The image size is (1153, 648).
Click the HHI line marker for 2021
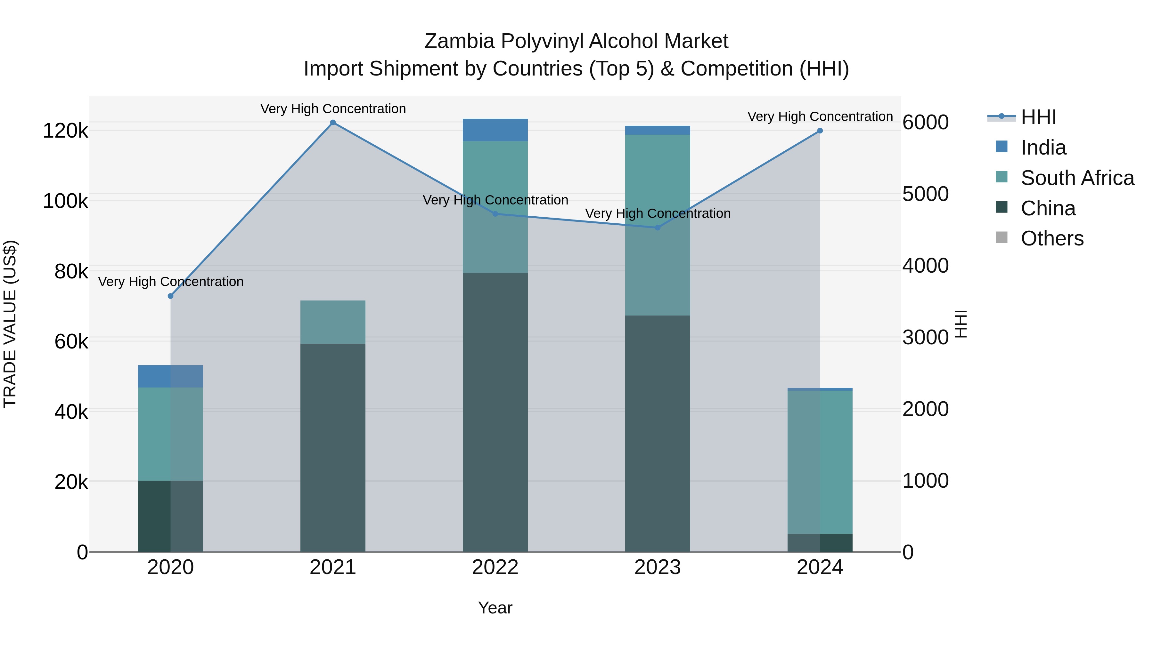[332, 123]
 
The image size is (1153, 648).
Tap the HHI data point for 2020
[170, 296]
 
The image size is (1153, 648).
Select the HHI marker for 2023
[658, 228]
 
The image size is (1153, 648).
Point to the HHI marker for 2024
[820, 131]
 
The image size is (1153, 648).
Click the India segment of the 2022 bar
[495, 130]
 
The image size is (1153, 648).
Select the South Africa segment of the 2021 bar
[332, 322]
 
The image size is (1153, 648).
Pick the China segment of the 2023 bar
[658, 434]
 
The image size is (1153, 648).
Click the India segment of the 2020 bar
[170, 377]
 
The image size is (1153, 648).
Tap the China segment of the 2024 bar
[820, 543]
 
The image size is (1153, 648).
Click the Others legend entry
[1052, 238]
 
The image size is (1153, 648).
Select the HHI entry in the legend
[1038, 117]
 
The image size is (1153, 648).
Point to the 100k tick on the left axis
[65, 201]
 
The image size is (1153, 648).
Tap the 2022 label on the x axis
[495, 567]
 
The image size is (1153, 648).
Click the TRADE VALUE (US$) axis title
[10, 324]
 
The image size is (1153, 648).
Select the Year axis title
[495, 608]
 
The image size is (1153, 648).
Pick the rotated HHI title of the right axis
[961, 324]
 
